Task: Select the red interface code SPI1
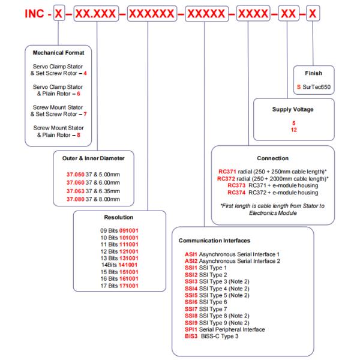pos(193,329)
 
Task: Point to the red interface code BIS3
pos(193,337)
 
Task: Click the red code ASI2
pos(193,262)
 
